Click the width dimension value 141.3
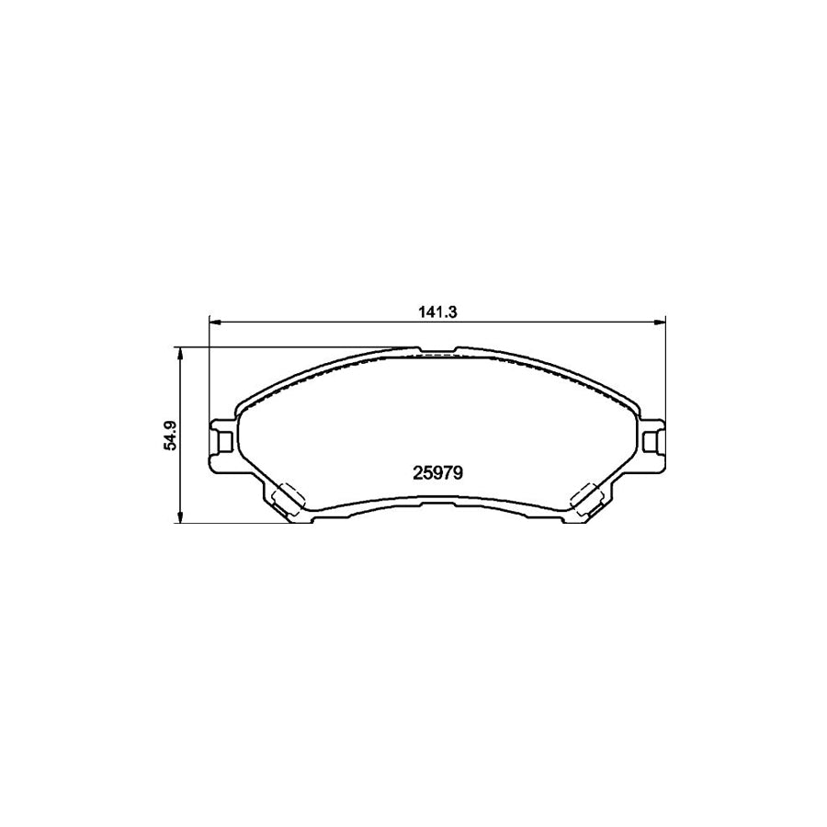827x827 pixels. click(437, 312)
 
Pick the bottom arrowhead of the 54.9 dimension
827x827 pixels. click(180, 518)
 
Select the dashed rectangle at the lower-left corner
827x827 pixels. click(288, 498)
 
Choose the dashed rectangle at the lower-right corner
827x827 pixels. click(586, 498)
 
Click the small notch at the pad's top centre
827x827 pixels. click(437, 350)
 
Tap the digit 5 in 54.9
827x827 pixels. click(169, 445)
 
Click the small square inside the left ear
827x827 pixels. click(223, 440)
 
